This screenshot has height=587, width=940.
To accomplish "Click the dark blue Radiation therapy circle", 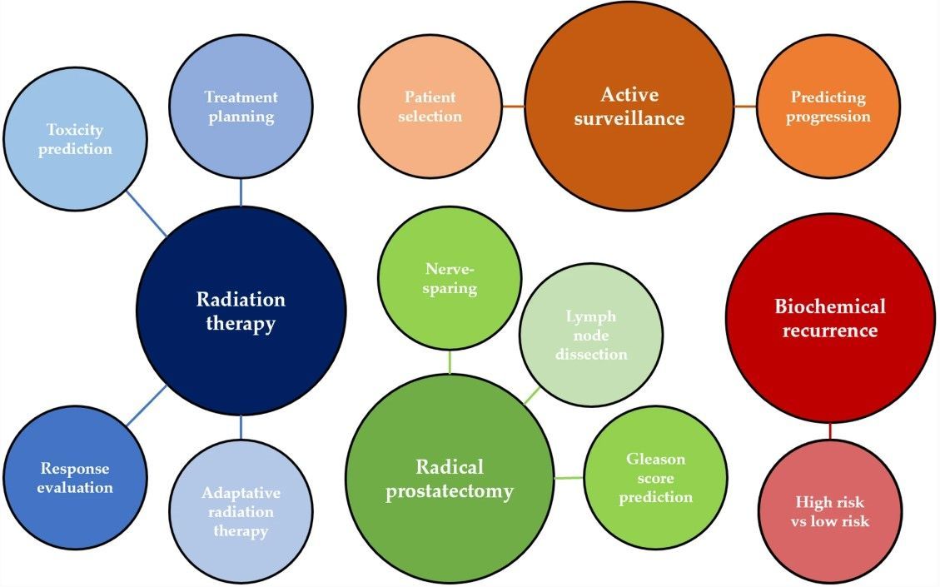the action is tap(241, 311).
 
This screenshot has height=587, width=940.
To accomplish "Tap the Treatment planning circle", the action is tap(241, 107).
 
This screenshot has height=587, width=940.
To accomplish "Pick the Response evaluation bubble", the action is tap(75, 478).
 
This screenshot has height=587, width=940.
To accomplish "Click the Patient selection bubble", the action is tap(430, 107).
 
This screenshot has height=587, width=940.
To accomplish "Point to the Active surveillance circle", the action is tap(629, 106).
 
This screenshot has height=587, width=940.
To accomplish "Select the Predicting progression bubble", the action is tap(828, 107).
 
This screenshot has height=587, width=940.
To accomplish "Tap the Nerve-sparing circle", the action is tap(450, 278).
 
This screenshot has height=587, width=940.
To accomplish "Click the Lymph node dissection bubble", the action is tap(591, 335).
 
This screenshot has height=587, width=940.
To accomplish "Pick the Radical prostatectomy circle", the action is tap(450, 479).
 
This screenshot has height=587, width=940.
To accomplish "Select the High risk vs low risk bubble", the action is tap(829, 511).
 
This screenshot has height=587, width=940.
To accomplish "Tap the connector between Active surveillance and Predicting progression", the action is tap(745, 107).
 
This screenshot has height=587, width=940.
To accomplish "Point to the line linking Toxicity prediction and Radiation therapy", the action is tap(146, 213).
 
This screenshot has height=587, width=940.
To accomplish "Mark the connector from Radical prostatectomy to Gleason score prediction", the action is tap(569, 478).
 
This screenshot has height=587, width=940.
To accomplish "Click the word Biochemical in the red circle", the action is tap(829, 306).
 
